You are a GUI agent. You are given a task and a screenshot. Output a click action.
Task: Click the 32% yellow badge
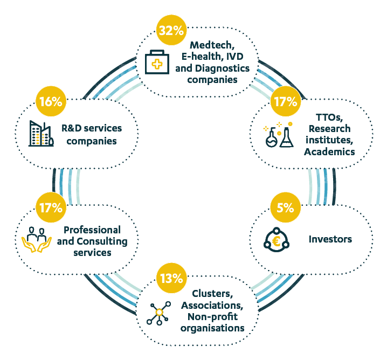coord(171,31)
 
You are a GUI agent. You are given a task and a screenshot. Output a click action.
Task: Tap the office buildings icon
coord(40,134)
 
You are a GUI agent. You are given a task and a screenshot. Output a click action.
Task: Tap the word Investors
coord(329,238)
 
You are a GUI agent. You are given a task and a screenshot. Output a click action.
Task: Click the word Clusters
coord(213,294)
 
